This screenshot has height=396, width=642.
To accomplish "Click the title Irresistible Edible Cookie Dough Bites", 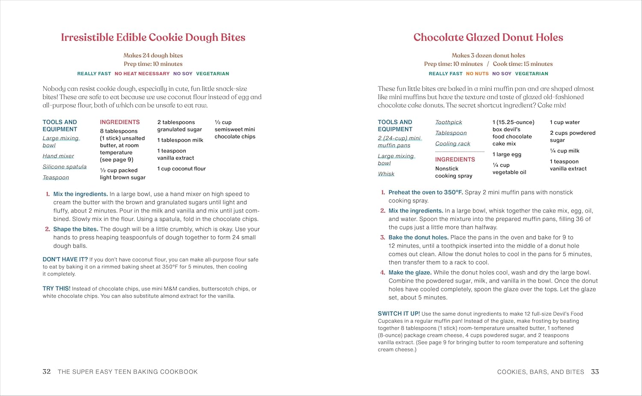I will tap(153, 38).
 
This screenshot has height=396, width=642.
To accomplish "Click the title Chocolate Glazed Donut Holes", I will tap(488, 38).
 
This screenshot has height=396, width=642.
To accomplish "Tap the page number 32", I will tap(47, 372).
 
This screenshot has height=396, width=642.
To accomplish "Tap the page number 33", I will tap(595, 372).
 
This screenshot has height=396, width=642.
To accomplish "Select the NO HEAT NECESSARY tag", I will tap(142, 74).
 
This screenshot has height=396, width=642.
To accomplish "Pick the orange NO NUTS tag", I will tap(477, 74).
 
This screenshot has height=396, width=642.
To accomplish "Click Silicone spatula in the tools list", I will tap(65, 167).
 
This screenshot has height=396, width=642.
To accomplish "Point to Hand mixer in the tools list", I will tap(58, 156).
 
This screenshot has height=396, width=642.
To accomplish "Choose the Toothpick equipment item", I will tap(449, 122).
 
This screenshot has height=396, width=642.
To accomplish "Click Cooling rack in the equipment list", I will tap(452, 144).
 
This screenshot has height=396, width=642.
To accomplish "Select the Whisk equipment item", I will tap(386, 174).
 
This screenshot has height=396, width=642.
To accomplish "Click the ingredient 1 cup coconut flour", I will tap(181, 169).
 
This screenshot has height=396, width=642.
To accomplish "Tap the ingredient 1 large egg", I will tap(507, 155).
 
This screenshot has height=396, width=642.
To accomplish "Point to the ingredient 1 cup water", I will tap(565, 122).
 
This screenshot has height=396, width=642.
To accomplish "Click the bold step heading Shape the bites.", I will tap(76, 229).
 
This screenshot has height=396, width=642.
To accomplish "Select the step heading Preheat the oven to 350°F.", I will tap(425, 192).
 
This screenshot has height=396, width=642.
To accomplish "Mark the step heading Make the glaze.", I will tap(410, 272).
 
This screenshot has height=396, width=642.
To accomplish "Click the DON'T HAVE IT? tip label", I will tap(65, 259).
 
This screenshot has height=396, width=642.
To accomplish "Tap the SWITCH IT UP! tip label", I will tap(399, 314).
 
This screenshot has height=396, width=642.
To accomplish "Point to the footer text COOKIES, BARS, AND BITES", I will tap(541, 372).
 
